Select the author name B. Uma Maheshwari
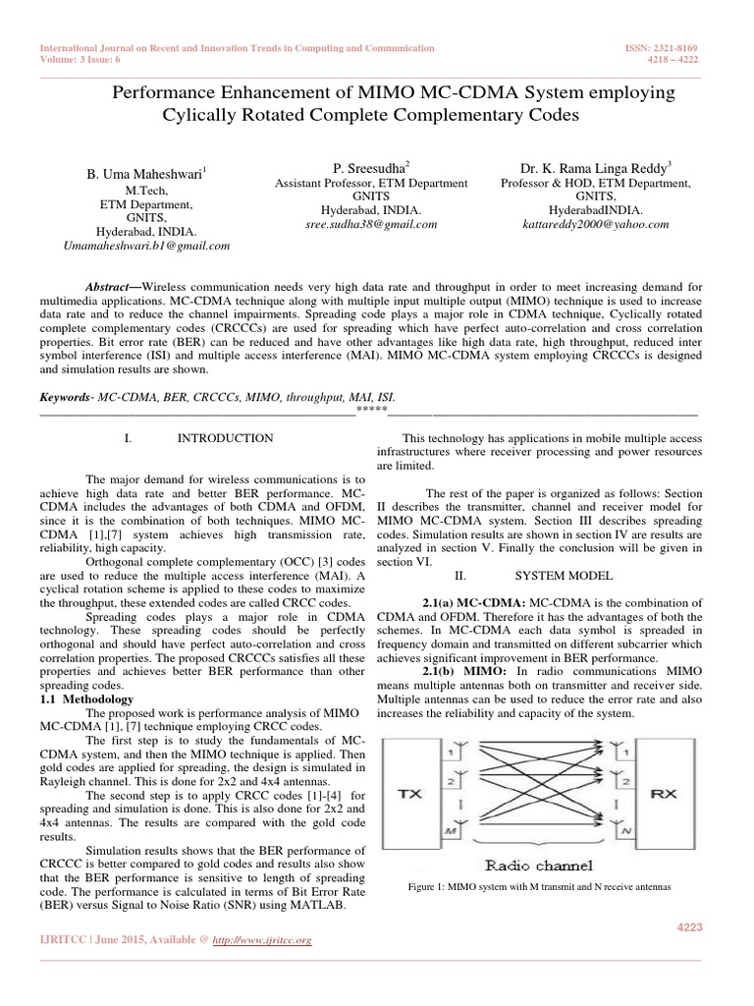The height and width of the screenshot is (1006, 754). (146, 175)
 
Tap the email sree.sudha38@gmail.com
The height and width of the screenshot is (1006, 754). (371, 224)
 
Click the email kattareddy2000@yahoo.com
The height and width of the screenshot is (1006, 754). (596, 224)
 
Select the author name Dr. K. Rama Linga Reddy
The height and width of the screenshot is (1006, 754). (596, 168)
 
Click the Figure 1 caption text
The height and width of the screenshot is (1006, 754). (539, 887)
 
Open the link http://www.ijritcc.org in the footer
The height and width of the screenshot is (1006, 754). (268, 941)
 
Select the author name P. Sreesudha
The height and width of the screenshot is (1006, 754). (371, 168)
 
